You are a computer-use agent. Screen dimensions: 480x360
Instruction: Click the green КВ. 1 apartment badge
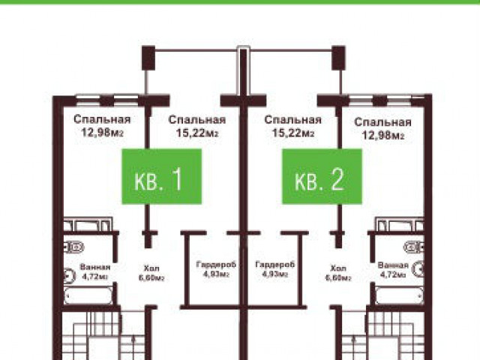[x=162, y=176]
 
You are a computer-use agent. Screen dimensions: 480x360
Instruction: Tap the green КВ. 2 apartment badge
[x=322, y=176]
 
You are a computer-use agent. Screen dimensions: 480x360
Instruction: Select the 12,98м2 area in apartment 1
[x=102, y=133]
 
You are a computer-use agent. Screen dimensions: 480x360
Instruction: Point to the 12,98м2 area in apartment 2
[x=383, y=135]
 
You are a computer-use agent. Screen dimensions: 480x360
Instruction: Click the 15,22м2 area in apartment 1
[x=196, y=133]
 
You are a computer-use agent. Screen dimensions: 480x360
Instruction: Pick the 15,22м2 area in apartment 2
[x=293, y=133]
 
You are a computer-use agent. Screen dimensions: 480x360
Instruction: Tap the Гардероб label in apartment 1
[x=216, y=264]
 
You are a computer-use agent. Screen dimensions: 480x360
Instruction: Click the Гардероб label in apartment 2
[x=275, y=264]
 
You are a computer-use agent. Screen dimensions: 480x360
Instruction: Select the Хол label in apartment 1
[x=151, y=268]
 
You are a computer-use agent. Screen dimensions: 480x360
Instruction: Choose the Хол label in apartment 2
[x=338, y=268]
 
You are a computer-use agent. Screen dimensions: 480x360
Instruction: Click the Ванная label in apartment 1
[x=95, y=267]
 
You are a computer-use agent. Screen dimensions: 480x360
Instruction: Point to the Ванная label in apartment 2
[x=393, y=265]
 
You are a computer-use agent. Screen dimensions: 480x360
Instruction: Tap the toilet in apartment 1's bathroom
[x=73, y=247]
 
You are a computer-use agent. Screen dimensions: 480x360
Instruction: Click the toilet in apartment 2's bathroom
[x=414, y=247]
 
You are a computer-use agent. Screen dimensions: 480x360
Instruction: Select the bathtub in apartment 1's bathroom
[x=88, y=295]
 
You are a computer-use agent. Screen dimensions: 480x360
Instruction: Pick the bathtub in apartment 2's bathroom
[x=400, y=295]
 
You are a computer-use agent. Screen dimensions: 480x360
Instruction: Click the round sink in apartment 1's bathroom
[x=70, y=275]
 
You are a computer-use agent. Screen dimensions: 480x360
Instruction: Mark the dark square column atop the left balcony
[x=148, y=58]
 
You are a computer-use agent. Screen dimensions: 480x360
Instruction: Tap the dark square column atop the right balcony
[x=338, y=58]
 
